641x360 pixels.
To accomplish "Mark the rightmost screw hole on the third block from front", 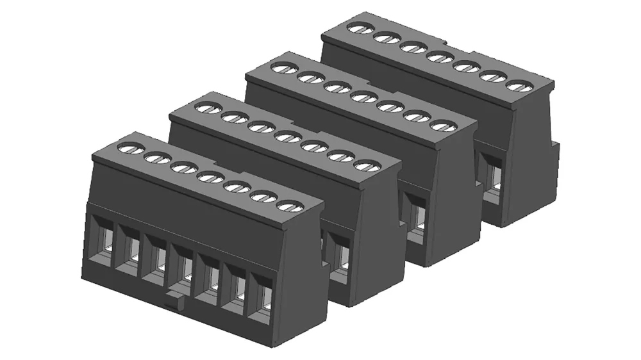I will [443, 125].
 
